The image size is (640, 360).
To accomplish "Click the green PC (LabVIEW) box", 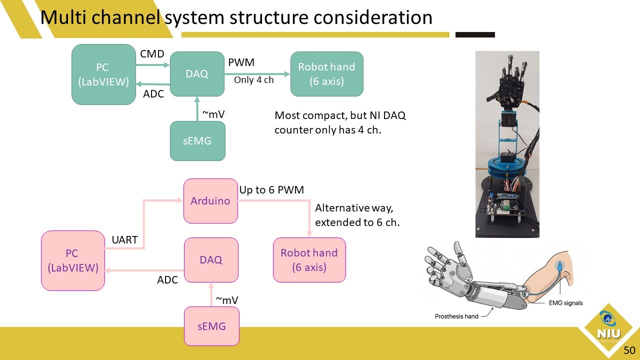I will click(x=103, y=74).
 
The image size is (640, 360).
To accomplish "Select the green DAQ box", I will click(x=197, y=73).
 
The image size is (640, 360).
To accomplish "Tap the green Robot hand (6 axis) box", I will click(x=326, y=74).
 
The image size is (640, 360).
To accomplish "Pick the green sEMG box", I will click(x=197, y=140).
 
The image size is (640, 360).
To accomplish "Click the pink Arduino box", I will click(x=210, y=201).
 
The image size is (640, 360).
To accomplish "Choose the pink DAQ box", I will click(x=211, y=259).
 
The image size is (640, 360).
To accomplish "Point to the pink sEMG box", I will click(x=211, y=326).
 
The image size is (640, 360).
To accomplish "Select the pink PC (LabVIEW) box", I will click(x=73, y=260).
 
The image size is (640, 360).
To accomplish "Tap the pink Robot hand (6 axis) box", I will click(x=309, y=260).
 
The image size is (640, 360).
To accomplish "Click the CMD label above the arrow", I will click(x=152, y=53).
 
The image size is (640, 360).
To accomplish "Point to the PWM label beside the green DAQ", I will click(x=241, y=62).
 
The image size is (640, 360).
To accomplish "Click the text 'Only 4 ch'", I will click(x=253, y=79).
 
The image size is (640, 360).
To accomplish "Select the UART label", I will click(x=124, y=240).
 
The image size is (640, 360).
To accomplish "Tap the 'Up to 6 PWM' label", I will click(x=271, y=190).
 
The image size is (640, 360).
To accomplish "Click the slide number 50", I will click(x=629, y=350).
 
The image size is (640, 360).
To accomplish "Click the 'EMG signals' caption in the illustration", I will click(x=565, y=303).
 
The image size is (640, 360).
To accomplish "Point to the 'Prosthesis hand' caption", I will click(x=456, y=316).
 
